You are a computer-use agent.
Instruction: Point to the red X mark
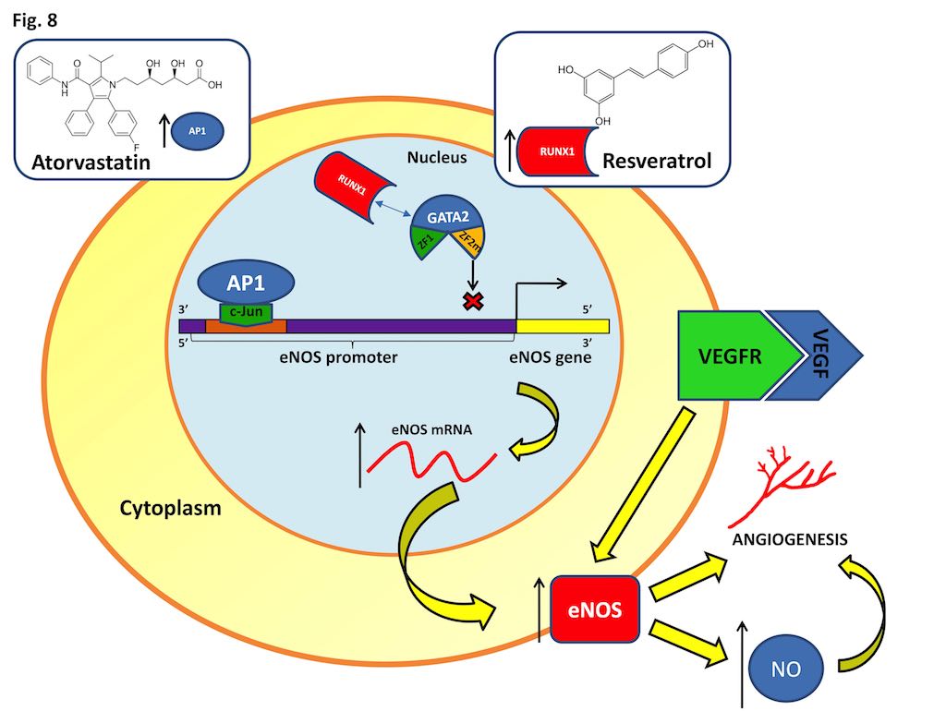click(x=471, y=301)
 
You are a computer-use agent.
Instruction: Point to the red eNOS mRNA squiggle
click(x=430, y=460)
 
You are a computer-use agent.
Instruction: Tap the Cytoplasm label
click(x=170, y=507)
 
